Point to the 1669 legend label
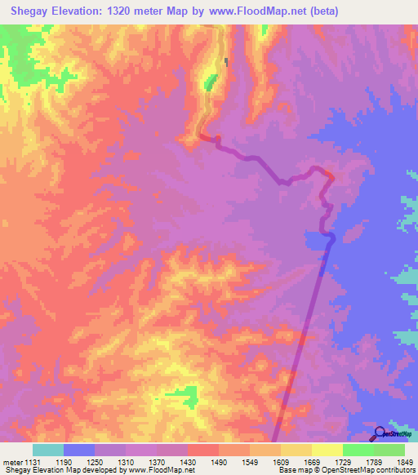(x=333, y=462)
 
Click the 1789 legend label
(x=366, y=462)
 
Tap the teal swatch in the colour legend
(x=47, y=450)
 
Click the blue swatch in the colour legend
(x=78, y=450)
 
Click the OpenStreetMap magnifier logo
(x=379, y=433)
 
